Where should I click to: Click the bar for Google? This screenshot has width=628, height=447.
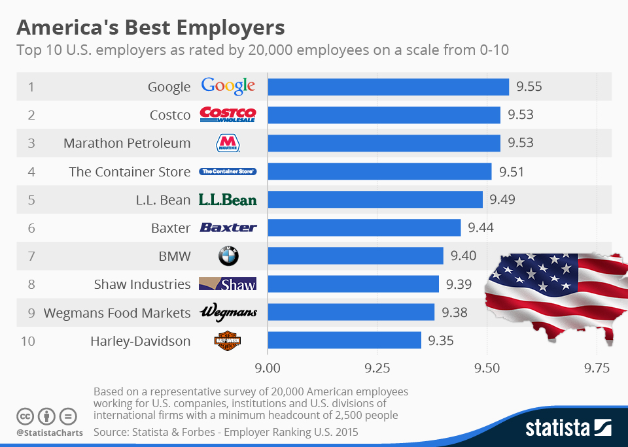(388, 87)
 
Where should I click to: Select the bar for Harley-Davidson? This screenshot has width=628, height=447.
(345, 340)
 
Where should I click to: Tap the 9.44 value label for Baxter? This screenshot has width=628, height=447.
(480, 228)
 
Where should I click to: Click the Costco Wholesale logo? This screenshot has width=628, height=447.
(228, 115)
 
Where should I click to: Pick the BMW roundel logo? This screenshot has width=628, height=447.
(228, 256)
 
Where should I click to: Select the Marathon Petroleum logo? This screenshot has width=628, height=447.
(228, 143)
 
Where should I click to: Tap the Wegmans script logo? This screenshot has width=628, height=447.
(228, 312)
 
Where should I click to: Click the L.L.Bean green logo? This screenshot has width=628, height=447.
(228, 200)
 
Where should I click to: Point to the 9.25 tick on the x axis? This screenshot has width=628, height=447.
(377, 367)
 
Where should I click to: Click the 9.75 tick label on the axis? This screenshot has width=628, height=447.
(597, 367)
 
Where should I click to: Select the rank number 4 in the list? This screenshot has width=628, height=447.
(31, 172)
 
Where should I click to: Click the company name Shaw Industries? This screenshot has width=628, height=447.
(142, 284)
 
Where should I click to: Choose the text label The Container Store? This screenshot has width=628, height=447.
(130, 172)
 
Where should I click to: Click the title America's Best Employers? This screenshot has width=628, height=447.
(150, 28)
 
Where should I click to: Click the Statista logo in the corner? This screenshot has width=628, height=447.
(568, 428)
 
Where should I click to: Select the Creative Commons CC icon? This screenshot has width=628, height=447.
(25, 416)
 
